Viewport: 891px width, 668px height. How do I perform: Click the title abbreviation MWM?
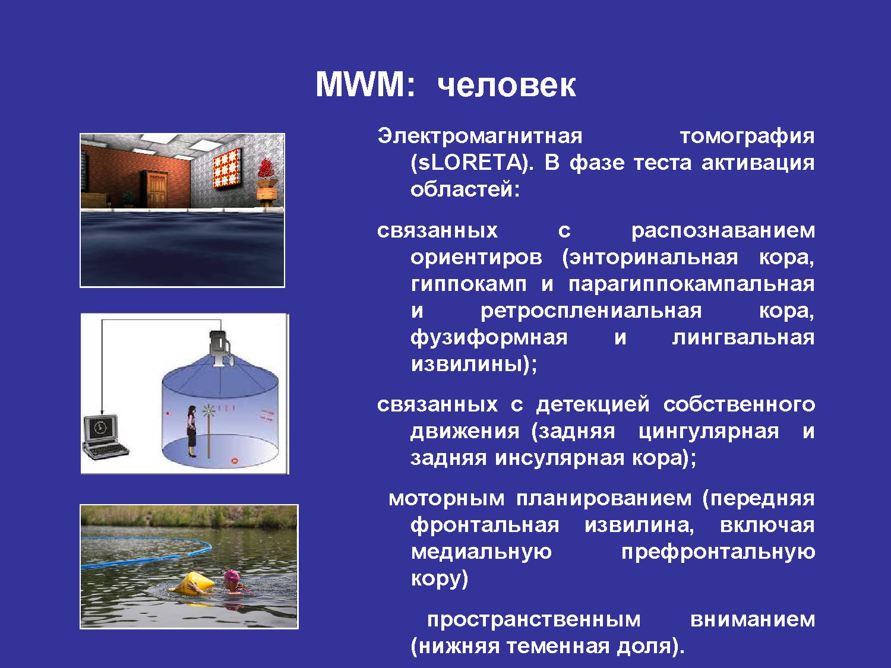(365, 84)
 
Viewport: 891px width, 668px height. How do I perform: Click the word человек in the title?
(507, 86)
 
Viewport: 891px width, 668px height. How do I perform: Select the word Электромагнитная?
(480, 137)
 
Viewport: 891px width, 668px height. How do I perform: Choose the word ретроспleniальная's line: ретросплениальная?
(591, 312)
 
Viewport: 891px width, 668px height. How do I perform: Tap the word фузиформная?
(489, 338)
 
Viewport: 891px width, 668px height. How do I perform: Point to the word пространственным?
(534, 620)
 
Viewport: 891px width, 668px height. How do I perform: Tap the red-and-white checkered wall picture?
(228, 168)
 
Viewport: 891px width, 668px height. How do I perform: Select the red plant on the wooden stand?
(266, 168)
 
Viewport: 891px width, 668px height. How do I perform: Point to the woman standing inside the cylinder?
(191, 430)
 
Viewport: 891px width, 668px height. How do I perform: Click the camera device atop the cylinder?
(220, 347)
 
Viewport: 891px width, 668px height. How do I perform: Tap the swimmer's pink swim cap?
(231, 575)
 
